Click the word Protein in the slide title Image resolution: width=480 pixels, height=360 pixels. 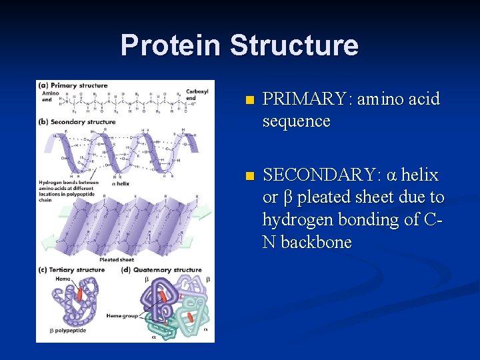click(171, 45)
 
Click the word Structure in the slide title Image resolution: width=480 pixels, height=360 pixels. click(294, 45)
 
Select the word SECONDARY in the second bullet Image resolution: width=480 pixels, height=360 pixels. click(322, 175)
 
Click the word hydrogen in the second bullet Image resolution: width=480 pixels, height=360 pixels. click(299, 220)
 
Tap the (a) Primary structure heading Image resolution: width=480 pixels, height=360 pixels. click(73, 85)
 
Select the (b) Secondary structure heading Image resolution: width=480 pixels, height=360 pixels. click(78, 122)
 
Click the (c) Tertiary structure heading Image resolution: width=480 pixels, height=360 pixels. click(73, 270)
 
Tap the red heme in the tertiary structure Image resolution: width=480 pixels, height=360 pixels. click(80, 294)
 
